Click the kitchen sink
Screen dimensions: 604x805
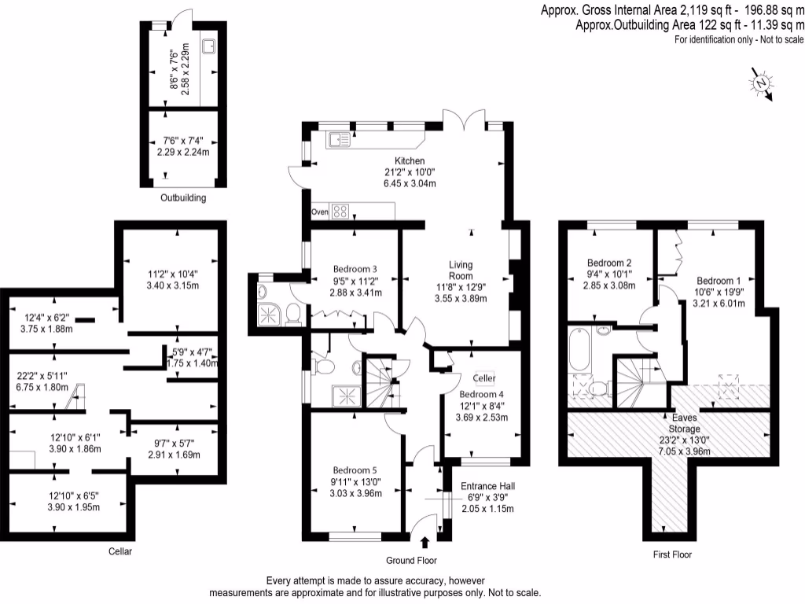pyautogui.click(x=340, y=139)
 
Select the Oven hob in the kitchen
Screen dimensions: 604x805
pyautogui.click(x=342, y=211)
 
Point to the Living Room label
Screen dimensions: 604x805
pyautogui.click(x=460, y=270)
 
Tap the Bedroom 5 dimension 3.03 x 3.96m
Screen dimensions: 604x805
pyautogui.click(x=355, y=493)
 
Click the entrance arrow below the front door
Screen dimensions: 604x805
pyautogui.click(x=425, y=541)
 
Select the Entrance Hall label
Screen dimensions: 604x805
pyautogui.click(x=487, y=485)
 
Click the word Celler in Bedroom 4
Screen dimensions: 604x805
pyautogui.click(x=484, y=380)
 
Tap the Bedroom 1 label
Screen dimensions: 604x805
pyautogui.click(x=719, y=281)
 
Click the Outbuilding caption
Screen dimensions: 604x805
pyautogui.click(x=182, y=198)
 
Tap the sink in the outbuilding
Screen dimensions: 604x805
pyautogui.click(x=209, y=47)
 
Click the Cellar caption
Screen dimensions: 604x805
pyautogui.click(x=120, y=551)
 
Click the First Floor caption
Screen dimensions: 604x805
pyautogui.click(x=672, y=554)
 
